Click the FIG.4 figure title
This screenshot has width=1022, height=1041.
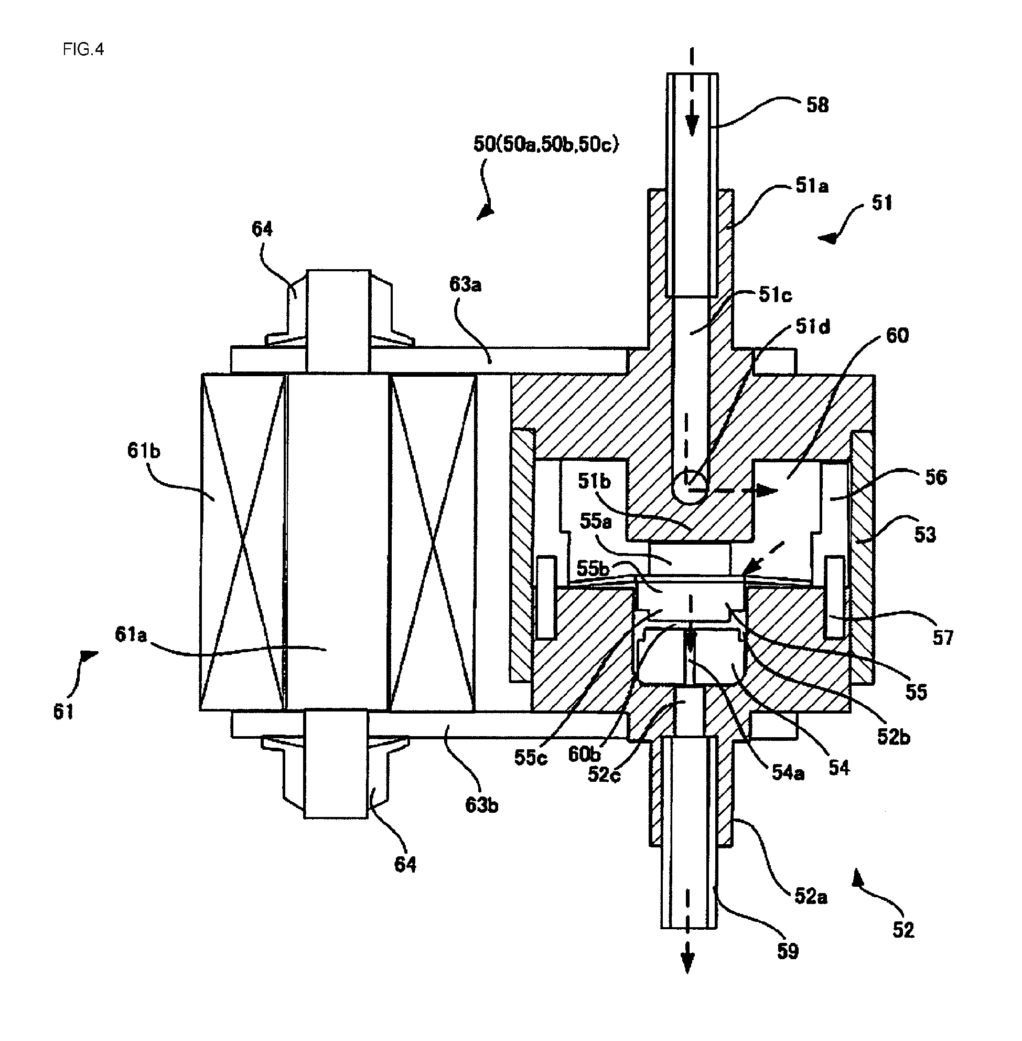pos(83,49)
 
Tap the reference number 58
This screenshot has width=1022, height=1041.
pos(817,105)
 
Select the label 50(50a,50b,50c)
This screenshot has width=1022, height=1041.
pos(546,144)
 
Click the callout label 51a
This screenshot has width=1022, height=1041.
pos(812,186)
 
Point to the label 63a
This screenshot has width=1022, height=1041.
pos(465,285)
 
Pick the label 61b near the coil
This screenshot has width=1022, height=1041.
pos(144,451)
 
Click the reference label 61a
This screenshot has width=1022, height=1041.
pos(131,635)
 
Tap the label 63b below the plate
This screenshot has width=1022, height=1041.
pos(481,806)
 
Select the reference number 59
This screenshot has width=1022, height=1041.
pos(788,951)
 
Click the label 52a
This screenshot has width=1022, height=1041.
pos(811,896)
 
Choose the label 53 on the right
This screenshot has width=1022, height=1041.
pos(925,535)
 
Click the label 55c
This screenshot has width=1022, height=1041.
pos(530,758)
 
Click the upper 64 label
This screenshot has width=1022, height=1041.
pos(262,229)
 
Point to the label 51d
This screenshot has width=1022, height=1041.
pos(813,326)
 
